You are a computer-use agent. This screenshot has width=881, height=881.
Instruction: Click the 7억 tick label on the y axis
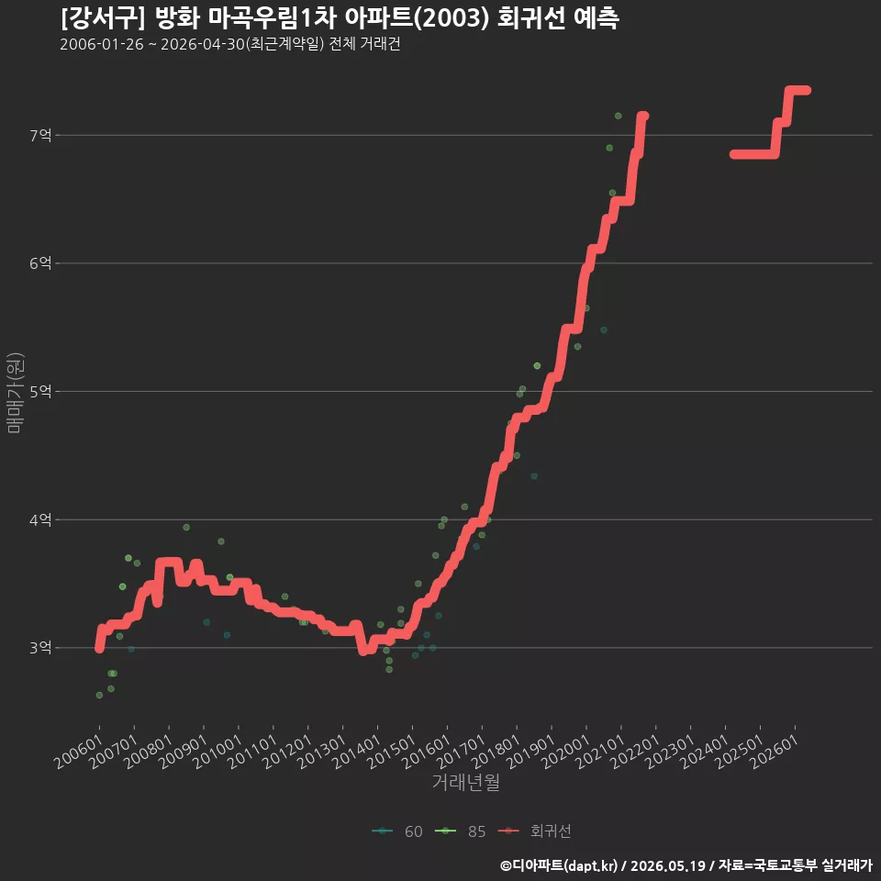(39, 136)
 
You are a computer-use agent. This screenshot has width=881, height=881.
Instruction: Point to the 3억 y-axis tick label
(39, 648)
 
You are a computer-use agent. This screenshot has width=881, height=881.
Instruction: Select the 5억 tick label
(39, 392)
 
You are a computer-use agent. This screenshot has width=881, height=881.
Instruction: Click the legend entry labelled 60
(397, 831)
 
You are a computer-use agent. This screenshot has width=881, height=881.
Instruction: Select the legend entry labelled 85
(460, 831)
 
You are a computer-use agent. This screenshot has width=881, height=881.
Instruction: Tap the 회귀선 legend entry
(534, 831)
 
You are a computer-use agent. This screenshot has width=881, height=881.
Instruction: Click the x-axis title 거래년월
(466, 782)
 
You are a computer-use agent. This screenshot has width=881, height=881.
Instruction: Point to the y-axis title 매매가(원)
(15, 393)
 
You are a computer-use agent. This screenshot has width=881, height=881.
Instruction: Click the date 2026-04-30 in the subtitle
(203, 44)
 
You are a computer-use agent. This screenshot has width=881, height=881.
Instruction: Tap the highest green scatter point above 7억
(618, 116)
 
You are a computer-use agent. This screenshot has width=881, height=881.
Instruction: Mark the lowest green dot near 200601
(99, 695)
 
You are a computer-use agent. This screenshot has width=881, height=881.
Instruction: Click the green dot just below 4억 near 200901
(186, 527)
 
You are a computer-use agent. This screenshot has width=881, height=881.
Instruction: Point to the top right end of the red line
(807, 91)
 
